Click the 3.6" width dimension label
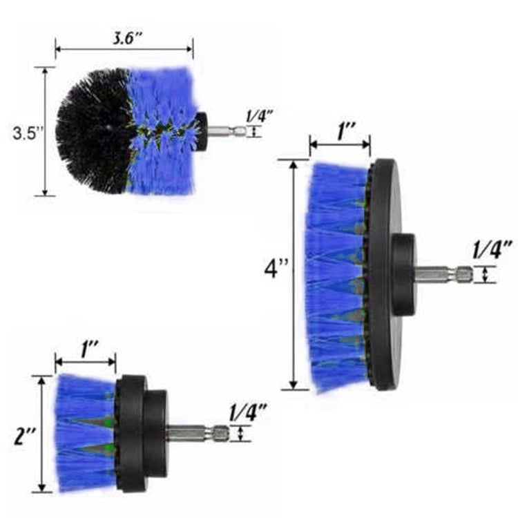pos(127,39)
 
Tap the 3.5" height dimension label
pos(28,133)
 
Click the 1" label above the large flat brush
pos(346,131)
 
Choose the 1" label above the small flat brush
pos(89,350)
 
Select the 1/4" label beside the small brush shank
pos(248,412)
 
